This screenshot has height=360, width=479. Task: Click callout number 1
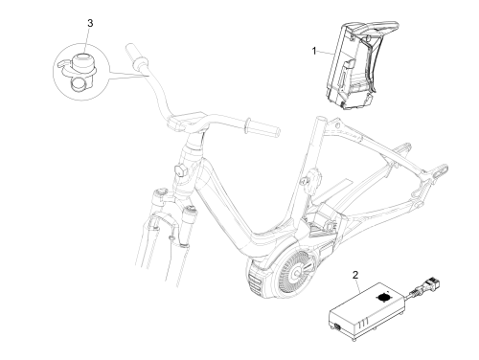[314, 51]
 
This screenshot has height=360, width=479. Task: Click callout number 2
[355, 275]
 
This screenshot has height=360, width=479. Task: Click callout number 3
[90, 23]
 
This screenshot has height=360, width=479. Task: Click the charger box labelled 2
[367, 311]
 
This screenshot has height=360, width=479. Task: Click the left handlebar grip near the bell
[136, 57]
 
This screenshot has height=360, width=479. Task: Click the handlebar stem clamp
[185, 121]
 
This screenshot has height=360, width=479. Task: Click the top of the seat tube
[320, 121]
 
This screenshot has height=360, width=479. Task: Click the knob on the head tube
[181, 171]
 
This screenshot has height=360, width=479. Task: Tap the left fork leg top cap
[160, 192]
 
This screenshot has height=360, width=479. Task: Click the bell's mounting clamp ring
[79, 85]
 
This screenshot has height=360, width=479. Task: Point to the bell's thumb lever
[64, 64]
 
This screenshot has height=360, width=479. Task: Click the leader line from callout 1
[326, 54]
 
